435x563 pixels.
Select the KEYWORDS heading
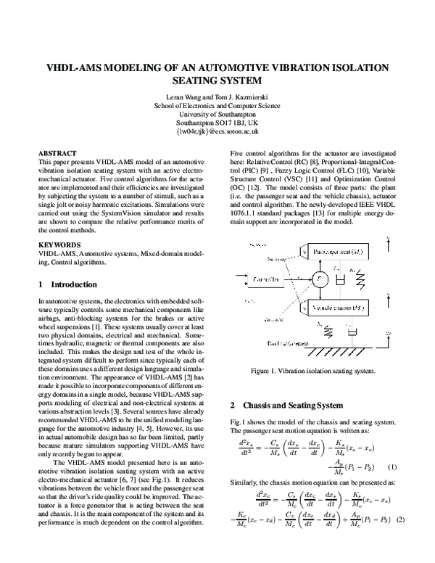pos(59,246)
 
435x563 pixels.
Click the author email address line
pos(217,132)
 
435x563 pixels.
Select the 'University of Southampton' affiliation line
pos(217,113)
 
